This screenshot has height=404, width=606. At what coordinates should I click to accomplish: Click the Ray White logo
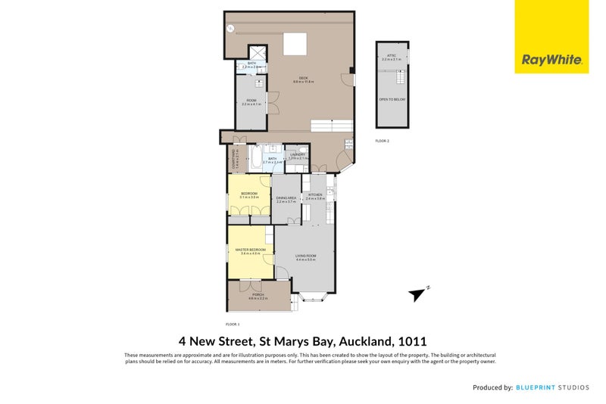551,60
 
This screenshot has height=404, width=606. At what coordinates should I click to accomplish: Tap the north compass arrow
417,294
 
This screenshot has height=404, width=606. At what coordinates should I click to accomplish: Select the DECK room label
303,79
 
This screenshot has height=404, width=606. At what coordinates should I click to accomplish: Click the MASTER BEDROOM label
250,250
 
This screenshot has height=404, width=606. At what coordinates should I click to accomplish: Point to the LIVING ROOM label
305,256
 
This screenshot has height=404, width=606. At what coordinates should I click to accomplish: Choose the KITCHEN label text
315,195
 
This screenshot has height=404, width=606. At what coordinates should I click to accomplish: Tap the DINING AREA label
286,199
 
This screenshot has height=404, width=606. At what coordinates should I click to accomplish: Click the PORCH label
258,295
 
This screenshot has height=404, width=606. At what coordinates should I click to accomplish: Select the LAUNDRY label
297,155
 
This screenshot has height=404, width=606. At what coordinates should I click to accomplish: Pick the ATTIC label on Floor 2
392,56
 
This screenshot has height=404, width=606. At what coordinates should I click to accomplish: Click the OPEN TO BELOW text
392,99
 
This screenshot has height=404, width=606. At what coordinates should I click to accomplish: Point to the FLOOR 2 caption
382,141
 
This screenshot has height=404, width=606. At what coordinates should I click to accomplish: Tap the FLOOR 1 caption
233,324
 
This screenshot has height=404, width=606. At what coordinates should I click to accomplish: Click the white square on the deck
294,45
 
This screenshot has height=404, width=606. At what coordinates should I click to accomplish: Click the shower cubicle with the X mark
258,53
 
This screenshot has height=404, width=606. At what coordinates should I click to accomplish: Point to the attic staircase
401,76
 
